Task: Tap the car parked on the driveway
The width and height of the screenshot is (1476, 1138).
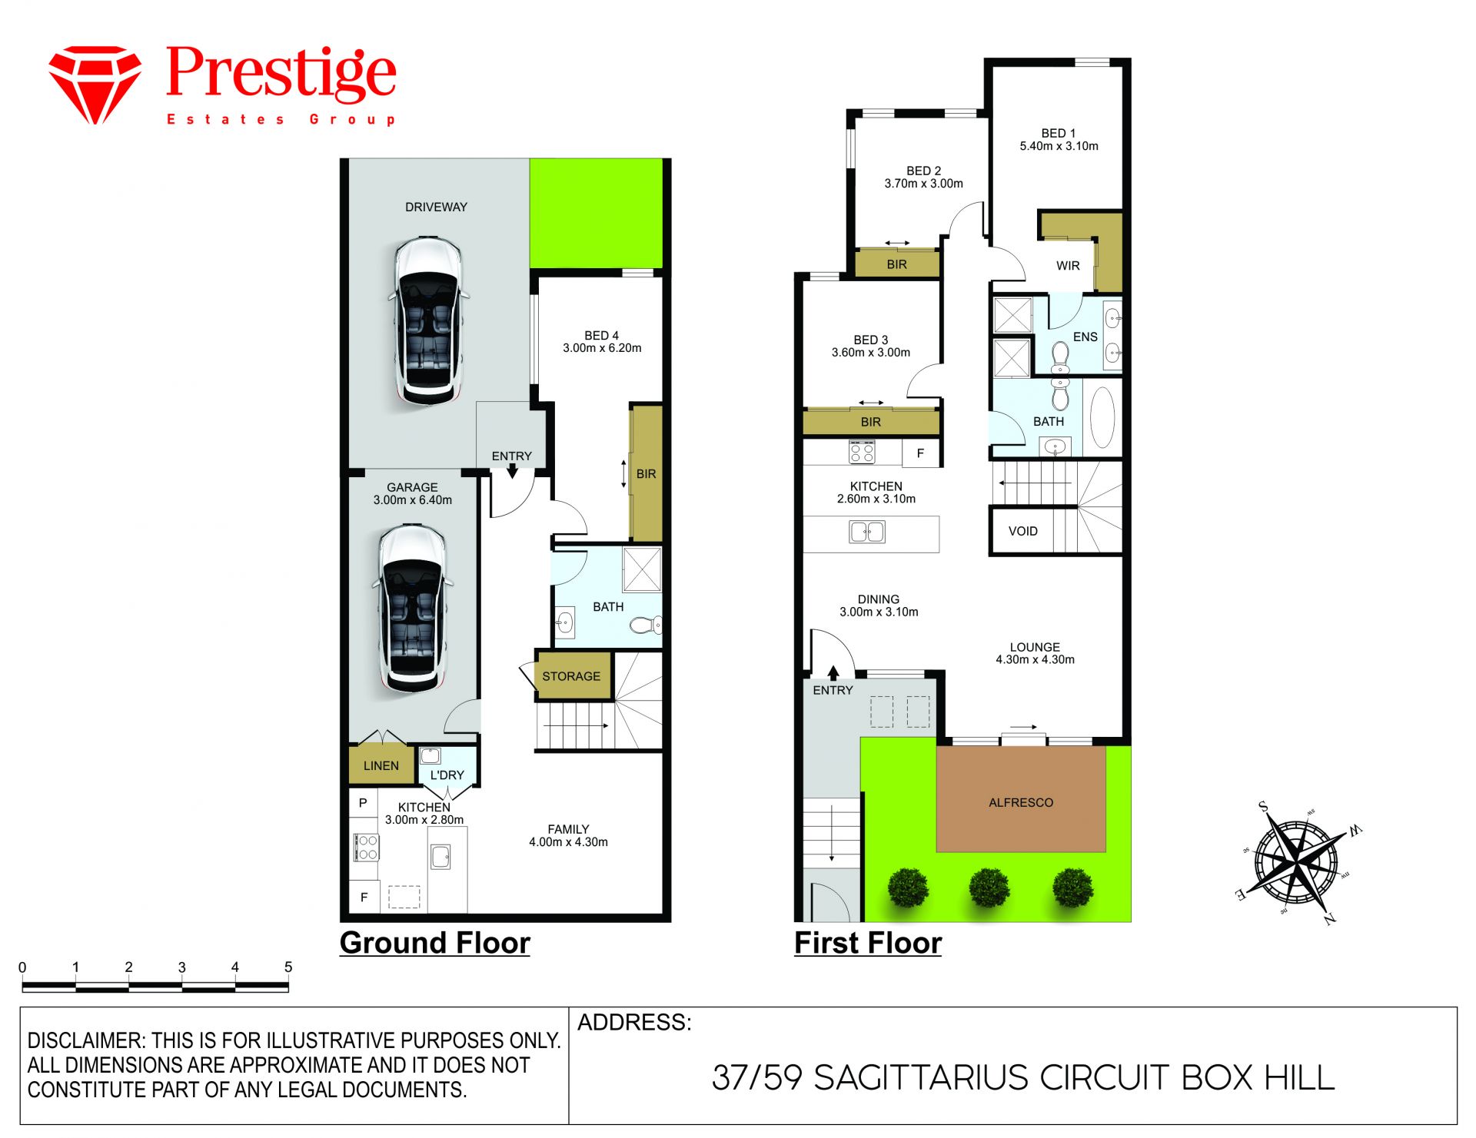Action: pos(428,321)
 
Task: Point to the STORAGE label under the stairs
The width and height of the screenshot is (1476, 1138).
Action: pos(571,676)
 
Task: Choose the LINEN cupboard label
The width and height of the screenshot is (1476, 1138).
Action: pos(381,766)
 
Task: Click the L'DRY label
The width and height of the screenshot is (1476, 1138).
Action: pos(447,775)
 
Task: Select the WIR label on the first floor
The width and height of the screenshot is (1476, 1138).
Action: pos(1068,266)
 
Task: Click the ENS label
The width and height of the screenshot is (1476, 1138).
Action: pos(1085,337)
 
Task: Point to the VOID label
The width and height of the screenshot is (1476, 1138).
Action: pos(1023,531)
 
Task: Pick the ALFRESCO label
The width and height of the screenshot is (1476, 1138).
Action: pos(1021,802)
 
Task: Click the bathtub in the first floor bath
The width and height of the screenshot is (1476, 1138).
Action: pos(1102,417)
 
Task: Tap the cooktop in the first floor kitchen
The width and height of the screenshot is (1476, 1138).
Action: pos(862,451)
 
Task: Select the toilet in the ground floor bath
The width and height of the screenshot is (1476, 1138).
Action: pos(646,625)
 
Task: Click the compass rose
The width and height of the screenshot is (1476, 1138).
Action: pos(1298,861)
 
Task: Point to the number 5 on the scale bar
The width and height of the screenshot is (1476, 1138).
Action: pos(288,967)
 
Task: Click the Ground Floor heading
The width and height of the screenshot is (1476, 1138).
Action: pos(435,943)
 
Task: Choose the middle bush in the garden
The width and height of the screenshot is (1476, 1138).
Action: pos(989,888)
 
